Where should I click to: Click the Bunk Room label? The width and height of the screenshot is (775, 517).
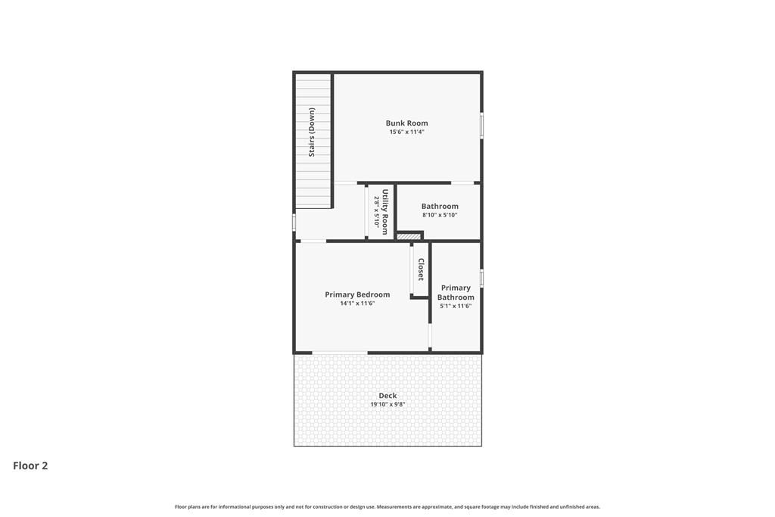[x=406, y=123]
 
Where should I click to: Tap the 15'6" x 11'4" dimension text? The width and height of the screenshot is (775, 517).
[x=406, y=132]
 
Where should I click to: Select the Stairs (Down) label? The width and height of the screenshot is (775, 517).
[x=311, y=132]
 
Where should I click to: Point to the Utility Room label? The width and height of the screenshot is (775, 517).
[x=385, y=212]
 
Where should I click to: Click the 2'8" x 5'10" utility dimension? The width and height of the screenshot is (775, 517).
[x=377, y=211]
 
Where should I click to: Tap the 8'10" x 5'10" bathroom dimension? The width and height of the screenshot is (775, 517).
[x=440, y=215]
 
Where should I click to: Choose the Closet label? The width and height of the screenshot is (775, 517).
[x=421, y=270]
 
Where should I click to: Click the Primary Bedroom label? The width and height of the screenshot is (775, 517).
[x=357, y=294]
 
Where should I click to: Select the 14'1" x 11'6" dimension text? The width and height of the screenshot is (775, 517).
[x=357, y=304]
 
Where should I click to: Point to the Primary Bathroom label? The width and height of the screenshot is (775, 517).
[x=456, y=292]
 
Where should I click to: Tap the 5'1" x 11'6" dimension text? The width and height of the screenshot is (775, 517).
[x=456, y=306]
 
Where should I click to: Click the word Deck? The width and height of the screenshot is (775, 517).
[x=388, y=395]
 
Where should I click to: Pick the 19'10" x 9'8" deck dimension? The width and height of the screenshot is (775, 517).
[x=388, y=404]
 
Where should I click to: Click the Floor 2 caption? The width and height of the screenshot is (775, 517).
[x=30, y=466]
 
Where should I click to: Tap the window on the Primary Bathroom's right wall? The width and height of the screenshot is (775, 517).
[x=482, y=278]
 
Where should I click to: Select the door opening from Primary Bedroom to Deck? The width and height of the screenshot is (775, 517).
[x=340, y=353]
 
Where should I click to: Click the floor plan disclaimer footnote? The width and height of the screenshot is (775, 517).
[x=387, y=506]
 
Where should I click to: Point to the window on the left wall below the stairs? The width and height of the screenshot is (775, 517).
[x=294, y=222]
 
